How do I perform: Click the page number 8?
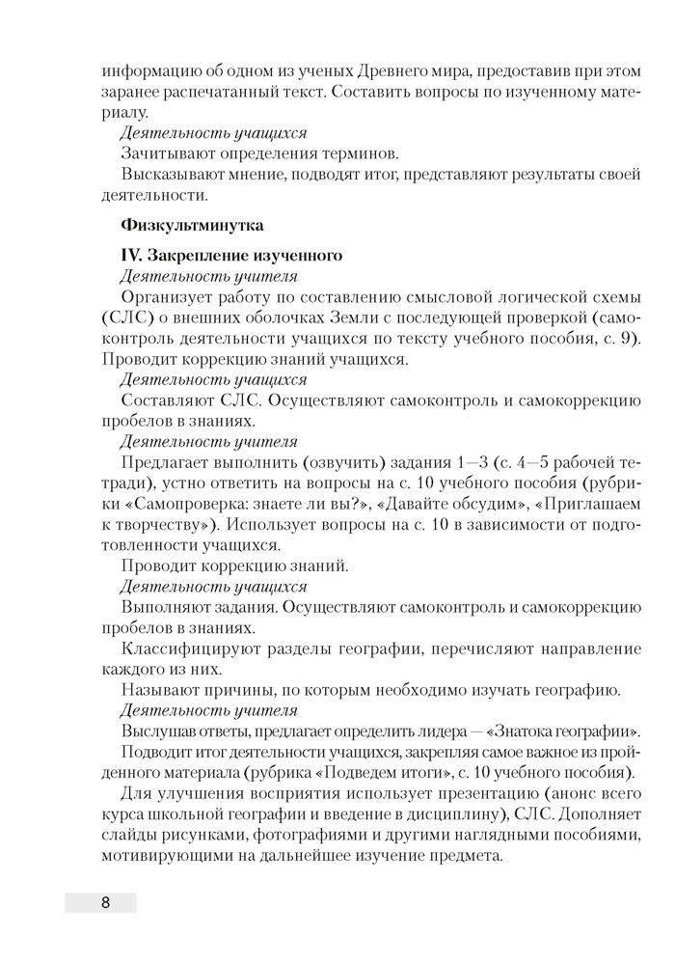click(104, 902)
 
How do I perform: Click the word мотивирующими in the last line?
click(165, 857)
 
